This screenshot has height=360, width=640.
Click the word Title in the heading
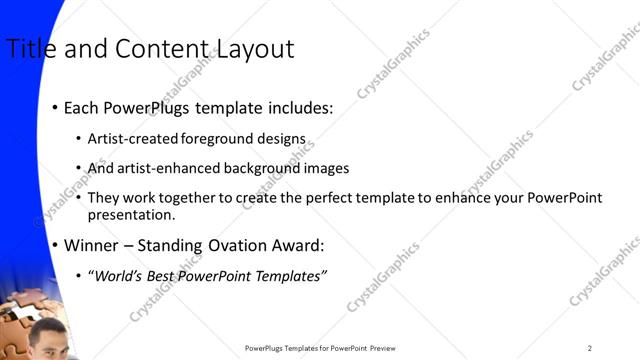click(29, 49)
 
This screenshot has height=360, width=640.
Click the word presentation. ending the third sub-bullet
click(131, 214)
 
